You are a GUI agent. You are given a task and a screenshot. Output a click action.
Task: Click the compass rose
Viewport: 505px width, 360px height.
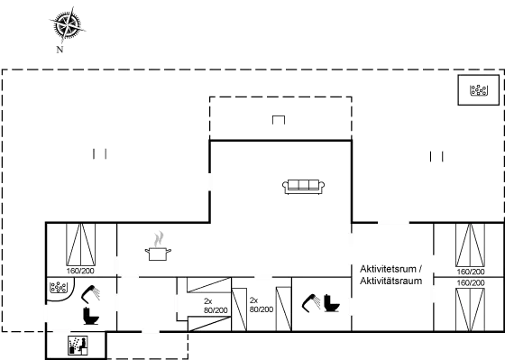click(65, 25)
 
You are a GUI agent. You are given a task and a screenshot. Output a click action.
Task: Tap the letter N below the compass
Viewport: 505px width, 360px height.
click(60, 50)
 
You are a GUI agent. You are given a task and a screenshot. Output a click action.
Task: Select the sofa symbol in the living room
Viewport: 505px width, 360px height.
click(304, 187)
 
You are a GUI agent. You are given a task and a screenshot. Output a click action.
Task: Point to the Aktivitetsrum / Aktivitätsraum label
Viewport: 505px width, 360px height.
click(391, 274)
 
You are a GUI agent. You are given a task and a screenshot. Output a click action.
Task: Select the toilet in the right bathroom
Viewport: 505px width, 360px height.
click(332, 303)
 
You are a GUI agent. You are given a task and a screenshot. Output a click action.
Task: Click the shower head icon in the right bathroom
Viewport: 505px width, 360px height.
click(312, 301)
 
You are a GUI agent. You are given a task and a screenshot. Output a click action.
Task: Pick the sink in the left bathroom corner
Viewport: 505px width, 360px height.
click(58, 289)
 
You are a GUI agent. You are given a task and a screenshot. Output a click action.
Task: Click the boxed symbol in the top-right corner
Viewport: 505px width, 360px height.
click(478, 89)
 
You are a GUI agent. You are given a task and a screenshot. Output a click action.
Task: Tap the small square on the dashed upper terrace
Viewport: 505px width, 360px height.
click(279, 120)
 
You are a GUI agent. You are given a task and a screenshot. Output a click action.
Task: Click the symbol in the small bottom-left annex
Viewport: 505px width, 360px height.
click(78, 345)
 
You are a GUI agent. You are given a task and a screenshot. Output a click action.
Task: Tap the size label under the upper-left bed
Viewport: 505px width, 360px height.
click(80, 270)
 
